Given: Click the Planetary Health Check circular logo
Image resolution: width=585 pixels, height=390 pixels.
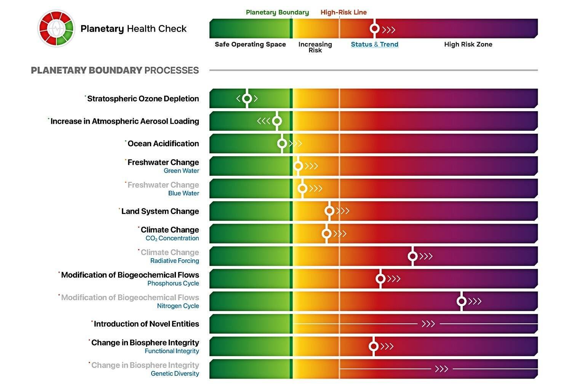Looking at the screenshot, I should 56,28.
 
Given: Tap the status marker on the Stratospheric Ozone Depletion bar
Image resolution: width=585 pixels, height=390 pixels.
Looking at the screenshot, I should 247,99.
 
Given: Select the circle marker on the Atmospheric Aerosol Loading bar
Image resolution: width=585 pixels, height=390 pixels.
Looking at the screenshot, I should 277,121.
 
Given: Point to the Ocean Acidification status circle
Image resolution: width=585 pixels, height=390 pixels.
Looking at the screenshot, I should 282,144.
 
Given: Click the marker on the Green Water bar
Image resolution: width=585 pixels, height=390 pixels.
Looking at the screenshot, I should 298,166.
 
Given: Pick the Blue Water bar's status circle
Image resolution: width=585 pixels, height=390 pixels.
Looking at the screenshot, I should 302,189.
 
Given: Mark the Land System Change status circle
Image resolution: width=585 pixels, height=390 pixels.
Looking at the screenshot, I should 329,211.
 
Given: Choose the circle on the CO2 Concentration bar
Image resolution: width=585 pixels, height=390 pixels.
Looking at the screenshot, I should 326,233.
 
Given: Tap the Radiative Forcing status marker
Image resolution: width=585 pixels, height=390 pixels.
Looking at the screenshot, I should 412,256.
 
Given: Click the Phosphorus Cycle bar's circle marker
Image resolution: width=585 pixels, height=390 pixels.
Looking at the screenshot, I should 380,279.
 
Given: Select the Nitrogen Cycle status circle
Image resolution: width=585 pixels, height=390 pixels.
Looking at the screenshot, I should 462,301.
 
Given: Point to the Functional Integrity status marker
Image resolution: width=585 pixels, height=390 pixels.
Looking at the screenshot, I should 374,346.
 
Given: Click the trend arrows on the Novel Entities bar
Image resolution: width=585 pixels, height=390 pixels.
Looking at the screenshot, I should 428,324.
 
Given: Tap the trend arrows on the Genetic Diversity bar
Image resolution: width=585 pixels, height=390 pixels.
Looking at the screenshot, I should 441,369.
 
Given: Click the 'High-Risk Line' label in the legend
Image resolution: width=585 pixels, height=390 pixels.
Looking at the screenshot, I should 344,12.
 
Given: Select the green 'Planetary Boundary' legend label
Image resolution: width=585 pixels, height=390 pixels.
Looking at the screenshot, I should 277,12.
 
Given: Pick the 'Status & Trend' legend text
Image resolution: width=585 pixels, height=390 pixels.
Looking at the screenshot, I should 374,44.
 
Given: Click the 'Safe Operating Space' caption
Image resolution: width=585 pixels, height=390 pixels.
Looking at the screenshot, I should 250,44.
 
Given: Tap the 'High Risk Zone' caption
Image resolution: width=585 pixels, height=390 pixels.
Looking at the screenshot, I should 468,44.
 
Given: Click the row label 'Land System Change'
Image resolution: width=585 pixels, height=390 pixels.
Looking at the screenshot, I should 160,211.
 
